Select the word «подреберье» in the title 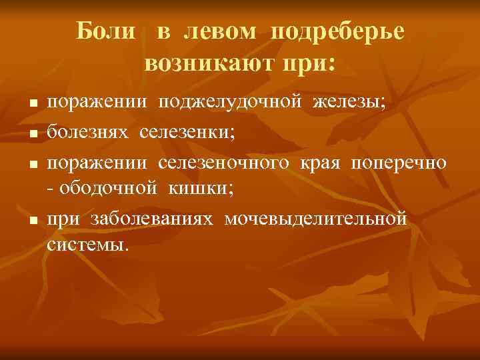(339, 32)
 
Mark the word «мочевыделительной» (315, 219)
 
